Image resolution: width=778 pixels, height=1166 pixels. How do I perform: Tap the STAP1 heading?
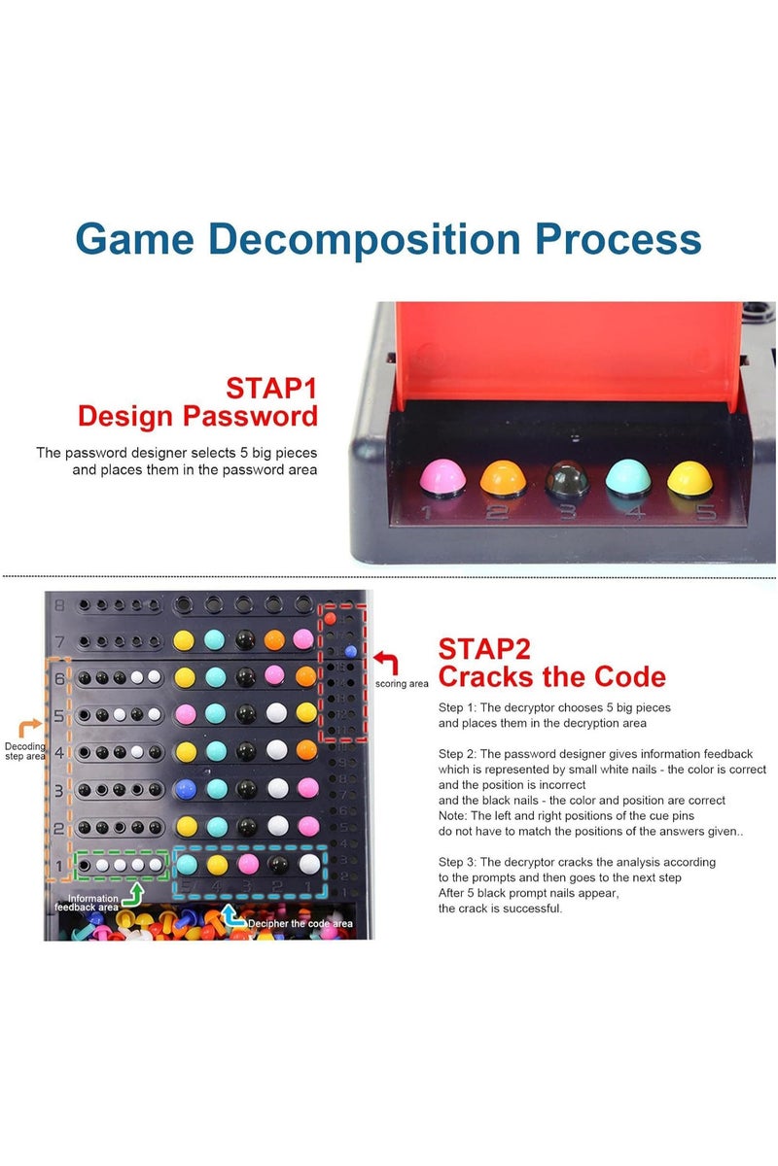271,388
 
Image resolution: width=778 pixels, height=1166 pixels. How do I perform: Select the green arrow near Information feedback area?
137,889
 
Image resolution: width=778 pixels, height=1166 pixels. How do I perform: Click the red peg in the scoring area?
331,617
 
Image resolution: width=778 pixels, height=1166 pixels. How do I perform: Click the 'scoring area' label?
402,684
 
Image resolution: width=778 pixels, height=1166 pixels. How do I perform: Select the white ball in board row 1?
309,863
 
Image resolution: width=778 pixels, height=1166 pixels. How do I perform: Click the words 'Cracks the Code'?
551,676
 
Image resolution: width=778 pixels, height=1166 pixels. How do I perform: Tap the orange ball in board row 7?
275,639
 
